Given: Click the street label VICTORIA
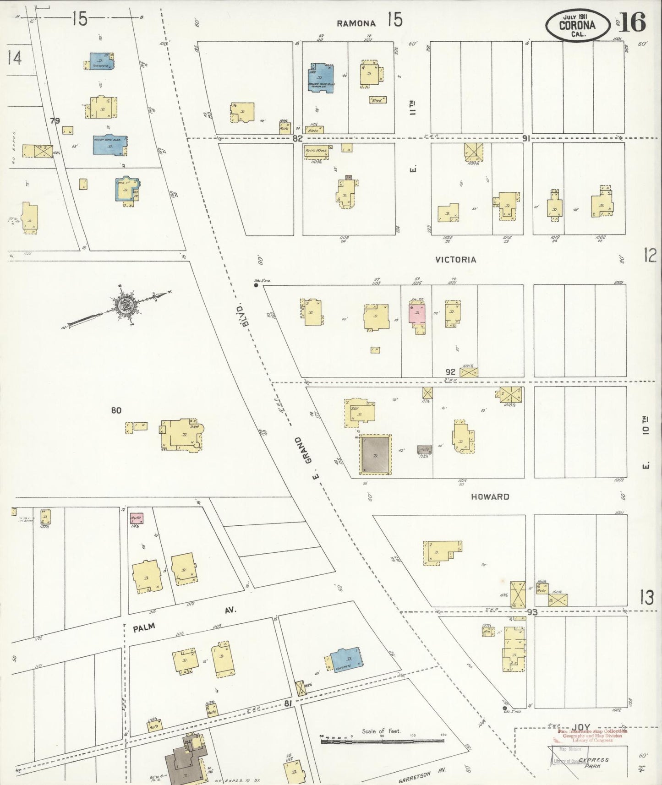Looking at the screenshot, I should click(x=455, y=260).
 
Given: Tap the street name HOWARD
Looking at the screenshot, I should click(x=490, y=496).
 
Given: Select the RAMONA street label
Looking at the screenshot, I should click(x=356, y=23).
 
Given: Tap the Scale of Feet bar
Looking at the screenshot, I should click(x=383, y=740).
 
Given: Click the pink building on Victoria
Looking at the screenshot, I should click(x=417, y=314).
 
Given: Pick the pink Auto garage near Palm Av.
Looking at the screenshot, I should click(x=137, y=519).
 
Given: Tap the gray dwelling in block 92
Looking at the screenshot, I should click(x=375, y=454).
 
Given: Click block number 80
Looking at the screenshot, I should click(x=116, y=410).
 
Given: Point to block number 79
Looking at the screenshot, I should click(x=55, y=121).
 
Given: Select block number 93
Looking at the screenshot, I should click(x=532, y=612).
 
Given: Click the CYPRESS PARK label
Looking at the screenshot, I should click(x=594, y=763).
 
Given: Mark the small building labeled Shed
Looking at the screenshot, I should click(x=377, y=99).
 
